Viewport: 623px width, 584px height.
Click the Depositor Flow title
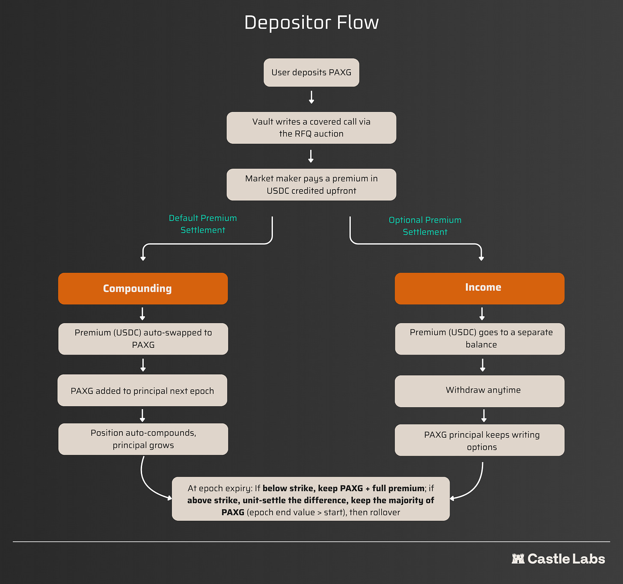[x=311, y=23]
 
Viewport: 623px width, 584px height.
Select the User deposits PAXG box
[x=311, y=72]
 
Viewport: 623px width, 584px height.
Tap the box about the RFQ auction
[x=311, y=128]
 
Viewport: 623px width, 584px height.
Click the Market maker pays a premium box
[x=311, y=184]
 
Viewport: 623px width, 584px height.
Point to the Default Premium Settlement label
[x=203, y=224]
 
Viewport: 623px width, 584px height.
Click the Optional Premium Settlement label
[x=425, y=225]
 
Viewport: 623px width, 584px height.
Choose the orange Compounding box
[x=143, y=288]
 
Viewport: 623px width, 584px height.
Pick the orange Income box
[x=479, y=288]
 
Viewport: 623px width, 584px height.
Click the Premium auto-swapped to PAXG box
[x=143, y=339]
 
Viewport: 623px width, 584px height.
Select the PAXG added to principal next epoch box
[x=142, y=390]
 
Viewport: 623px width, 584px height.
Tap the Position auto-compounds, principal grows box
[x=143, y=439]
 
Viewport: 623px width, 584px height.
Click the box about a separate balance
[x=480, y=339]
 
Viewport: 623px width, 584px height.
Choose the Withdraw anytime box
[x=479, y=391]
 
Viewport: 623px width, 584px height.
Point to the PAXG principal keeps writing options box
[x=479, y=440]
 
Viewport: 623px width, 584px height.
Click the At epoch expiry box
[x=311, y=498]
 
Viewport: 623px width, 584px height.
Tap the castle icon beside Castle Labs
[x=518, y=559]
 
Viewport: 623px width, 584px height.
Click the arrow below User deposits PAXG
[x=311, y=97]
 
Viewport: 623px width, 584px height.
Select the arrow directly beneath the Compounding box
[x=142, y=314]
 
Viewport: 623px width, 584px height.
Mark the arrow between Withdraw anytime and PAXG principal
[x=484, y=416]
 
